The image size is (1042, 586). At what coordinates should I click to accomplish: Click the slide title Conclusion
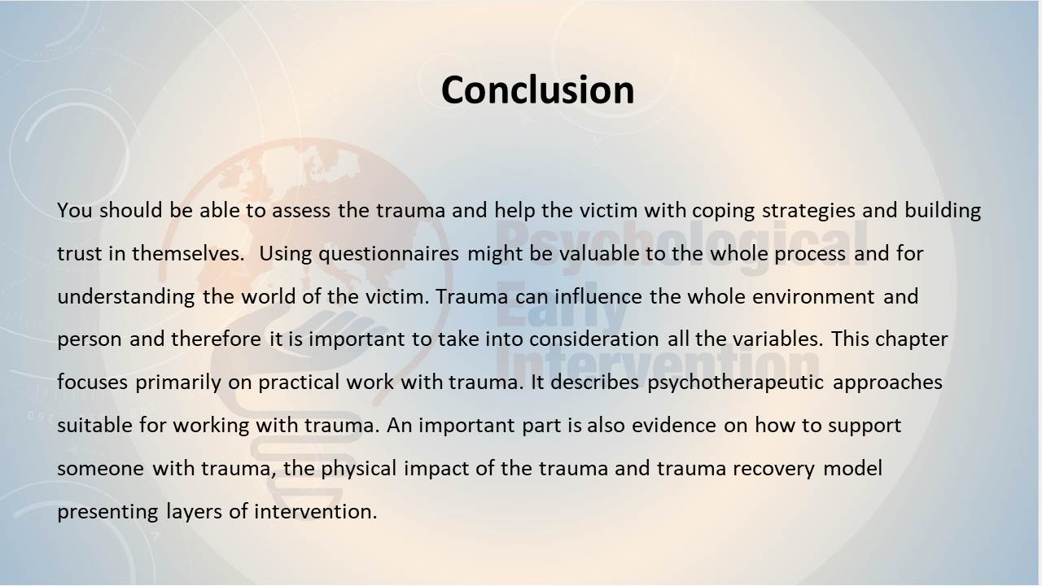point(538,90)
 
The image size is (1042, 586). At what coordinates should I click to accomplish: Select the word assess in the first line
point(301,210)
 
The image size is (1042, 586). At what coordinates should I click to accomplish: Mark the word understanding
point(126,298)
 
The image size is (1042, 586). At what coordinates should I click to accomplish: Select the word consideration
point(594,339)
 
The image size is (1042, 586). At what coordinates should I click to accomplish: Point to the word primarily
point(178,383)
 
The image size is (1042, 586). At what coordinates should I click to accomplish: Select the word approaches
point(887,383)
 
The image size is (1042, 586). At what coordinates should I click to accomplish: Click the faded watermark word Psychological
point(681,244)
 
